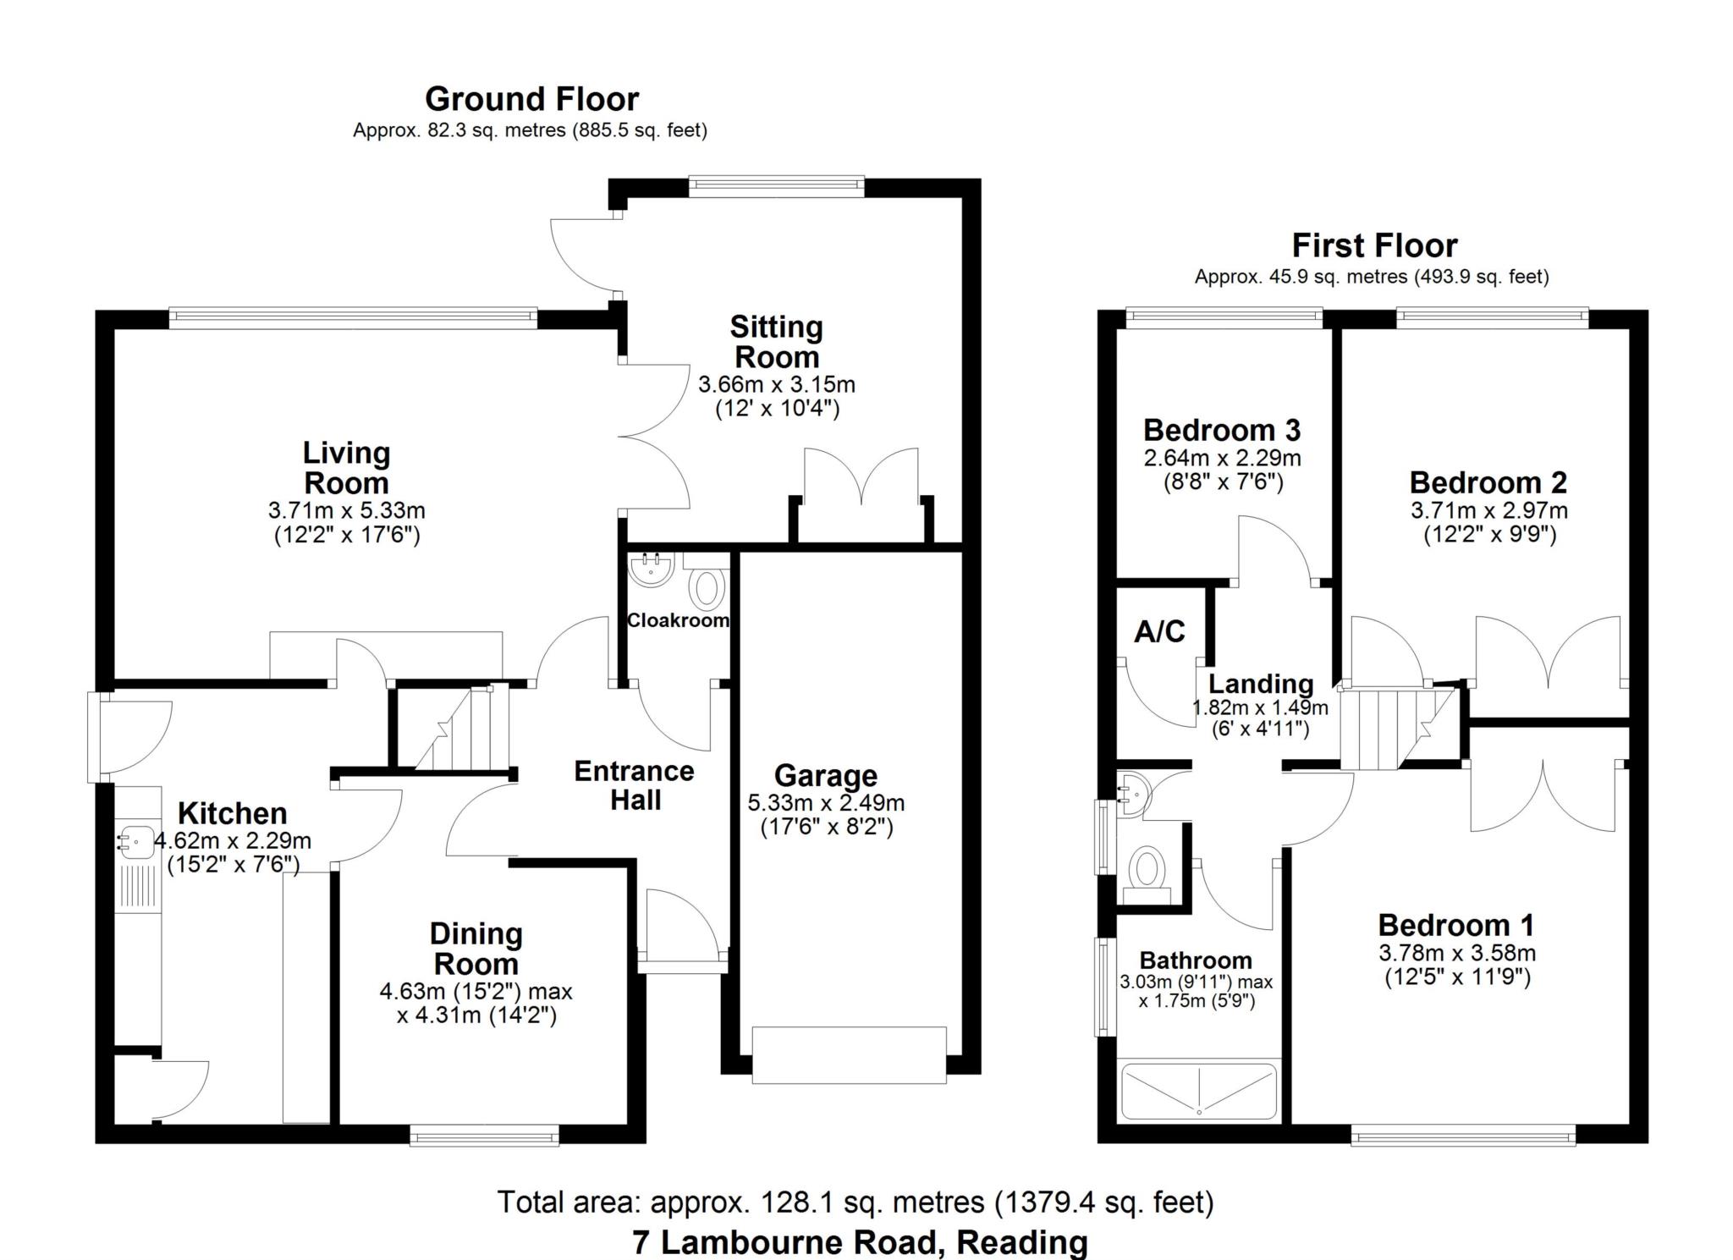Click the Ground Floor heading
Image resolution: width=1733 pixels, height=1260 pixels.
pos(531,100)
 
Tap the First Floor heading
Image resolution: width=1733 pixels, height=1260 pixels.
pos(1373,246)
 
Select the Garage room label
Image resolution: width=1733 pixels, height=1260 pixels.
pos(825,775)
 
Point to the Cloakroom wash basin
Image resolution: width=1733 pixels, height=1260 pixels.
pos(652,569)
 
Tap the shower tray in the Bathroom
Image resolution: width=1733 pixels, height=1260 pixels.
pos(1198,1091)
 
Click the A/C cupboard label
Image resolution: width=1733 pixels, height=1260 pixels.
pos(1159,631)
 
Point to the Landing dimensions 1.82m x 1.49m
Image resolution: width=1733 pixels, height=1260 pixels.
pos(1259,707)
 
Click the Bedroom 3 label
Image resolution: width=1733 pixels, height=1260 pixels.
pos(1221,431)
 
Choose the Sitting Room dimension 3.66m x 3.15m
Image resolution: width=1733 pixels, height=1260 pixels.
pos(776,385)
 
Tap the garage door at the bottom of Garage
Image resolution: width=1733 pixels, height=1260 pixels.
pos(849,1054)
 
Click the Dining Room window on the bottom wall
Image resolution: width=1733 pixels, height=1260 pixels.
pos(484,1135)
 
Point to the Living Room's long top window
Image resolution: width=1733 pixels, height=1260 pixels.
pos(352,318)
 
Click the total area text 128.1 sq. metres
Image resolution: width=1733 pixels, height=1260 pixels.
pos(855,1202)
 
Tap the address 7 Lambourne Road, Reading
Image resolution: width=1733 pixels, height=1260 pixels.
pos(860,1242)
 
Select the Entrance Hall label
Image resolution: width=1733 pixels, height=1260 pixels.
pos(634,785)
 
